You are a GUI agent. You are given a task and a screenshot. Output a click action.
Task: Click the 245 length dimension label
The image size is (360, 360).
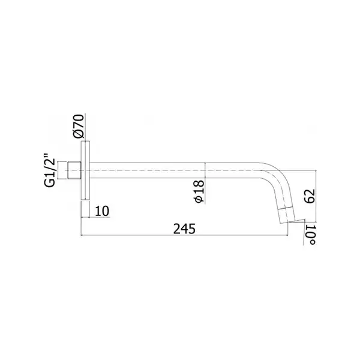coord(184,229)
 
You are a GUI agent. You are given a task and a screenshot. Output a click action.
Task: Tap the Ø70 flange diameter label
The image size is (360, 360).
coord(78,126)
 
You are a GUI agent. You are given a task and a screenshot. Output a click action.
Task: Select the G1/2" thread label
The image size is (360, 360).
coord(50,170)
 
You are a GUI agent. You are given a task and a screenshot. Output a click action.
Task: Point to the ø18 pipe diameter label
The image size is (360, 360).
coord(199,191)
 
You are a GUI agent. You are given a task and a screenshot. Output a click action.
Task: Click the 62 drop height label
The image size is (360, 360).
coord(310,196)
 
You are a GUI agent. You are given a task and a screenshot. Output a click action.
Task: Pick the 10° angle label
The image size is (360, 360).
coord(311,235)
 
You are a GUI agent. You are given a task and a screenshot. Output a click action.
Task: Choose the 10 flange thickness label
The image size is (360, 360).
coord(102,211)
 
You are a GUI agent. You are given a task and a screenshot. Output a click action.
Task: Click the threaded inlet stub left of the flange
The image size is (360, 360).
coord(74,170)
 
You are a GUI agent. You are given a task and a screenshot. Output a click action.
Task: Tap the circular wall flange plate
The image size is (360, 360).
coord(85,170)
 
